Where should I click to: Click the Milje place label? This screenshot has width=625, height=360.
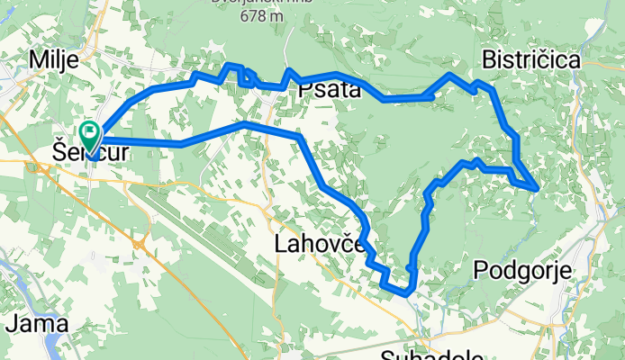point(54,59)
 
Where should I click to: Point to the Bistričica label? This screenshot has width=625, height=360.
point(530,59)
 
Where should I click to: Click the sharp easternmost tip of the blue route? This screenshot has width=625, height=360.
point(538,188)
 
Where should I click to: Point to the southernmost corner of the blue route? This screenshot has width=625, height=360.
point(407,293)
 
